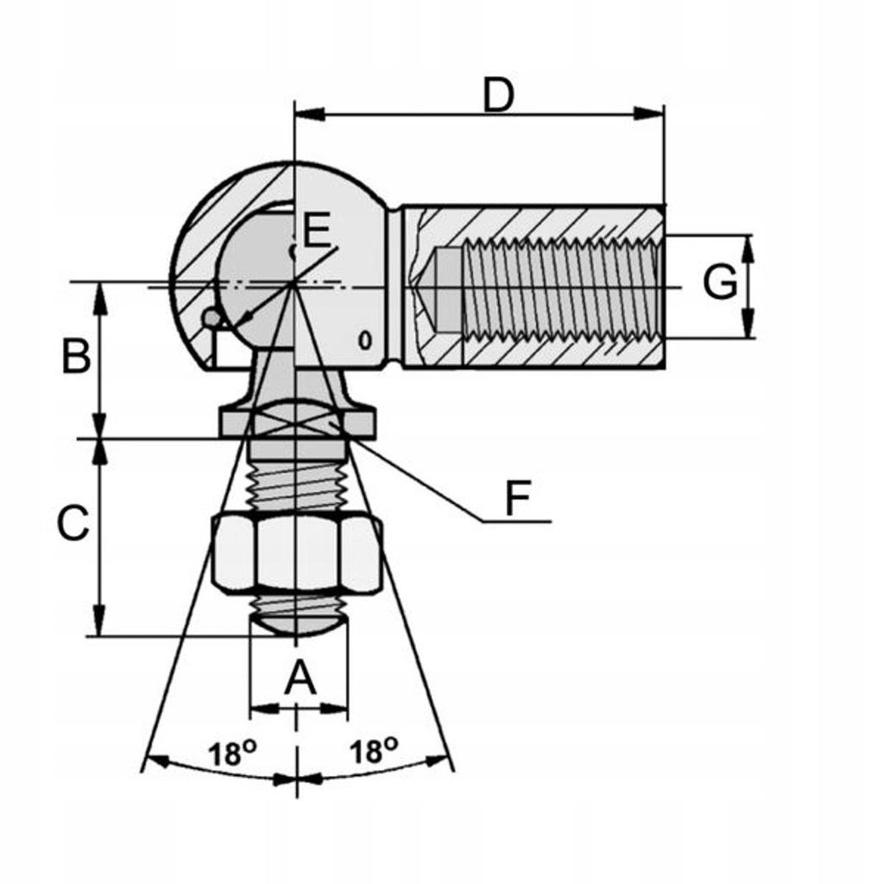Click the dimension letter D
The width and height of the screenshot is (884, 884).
tap(498, 95)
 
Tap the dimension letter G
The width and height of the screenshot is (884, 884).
tap(720, 282)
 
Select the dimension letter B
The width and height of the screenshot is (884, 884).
tap(76, 356)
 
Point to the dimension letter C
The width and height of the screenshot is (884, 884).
tap(73, 522)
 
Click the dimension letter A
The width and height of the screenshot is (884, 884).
tap(300, 679)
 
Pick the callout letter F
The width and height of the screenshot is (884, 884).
tap(518, 498)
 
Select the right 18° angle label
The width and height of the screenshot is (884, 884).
tap(373, 750)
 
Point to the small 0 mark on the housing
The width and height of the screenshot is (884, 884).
tap(366, 340)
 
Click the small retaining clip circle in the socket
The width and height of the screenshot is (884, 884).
tap(212, 319)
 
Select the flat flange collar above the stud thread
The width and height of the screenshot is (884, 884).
tap(297, 424)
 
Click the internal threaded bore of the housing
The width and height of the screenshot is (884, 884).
tap(561, 287)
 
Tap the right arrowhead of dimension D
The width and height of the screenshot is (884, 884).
tap(649, 113)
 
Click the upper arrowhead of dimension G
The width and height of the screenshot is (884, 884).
tap(748, 249)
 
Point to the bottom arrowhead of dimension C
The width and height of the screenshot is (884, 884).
tap(99, 621)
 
